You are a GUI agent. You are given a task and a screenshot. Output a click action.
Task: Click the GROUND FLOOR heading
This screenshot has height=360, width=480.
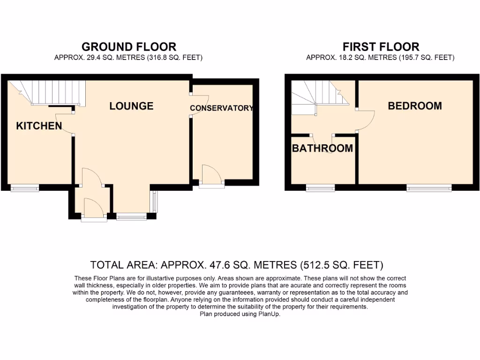(129, 47)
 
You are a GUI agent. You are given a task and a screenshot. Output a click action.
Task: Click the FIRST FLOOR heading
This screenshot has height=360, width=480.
(381, 47)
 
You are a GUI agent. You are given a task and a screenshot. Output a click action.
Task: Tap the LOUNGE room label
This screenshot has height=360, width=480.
(131, 106)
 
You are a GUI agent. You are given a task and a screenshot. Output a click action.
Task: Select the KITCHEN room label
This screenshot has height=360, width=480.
(39, 126)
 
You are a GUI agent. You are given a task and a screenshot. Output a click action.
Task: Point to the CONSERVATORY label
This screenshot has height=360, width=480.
(221, 108)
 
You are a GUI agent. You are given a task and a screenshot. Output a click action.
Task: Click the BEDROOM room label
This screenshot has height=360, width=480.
(414, 106)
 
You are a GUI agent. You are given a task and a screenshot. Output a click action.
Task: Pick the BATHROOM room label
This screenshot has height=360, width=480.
(322, 149)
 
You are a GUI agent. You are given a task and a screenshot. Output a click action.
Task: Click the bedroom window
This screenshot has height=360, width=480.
(429, 188)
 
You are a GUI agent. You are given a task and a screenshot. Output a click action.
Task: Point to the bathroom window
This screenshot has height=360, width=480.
(321, 188)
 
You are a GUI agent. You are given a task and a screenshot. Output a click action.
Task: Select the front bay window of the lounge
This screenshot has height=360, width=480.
(131, 216)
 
